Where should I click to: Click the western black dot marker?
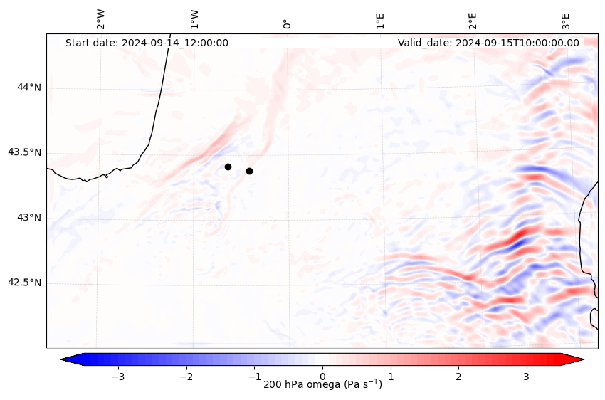tap(228, 167)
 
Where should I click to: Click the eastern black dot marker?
tap(249, 171)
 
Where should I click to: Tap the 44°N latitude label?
tap(29, 88)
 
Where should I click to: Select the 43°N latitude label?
tap(29, 218)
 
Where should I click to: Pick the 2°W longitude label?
tap(100, 19)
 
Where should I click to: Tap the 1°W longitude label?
tap(194, 19)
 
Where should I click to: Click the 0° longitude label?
tap(287, 23)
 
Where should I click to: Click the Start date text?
tap(147, 43)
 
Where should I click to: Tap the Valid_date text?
tap(488, 43)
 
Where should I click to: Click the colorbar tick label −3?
tap(118, 376)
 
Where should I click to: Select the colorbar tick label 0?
tap(322, 376)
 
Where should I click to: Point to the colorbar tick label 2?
tap(458, 376)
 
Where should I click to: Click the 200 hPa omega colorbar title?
tap(322, 385)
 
